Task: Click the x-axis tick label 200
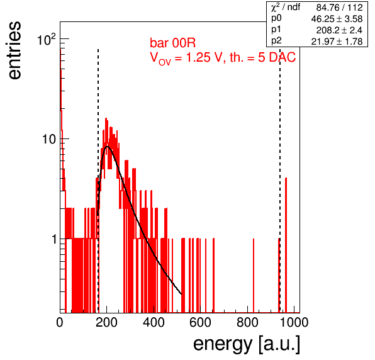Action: [x=106, y=322]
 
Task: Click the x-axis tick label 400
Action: [x=154, y=322]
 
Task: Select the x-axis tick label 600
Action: [x=201, y=322]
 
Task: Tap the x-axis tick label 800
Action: [x=247, y=322]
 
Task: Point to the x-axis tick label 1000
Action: [x=294, y=322]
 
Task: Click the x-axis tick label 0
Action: [x=60, y=322]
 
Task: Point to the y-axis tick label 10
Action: [x=49, y=139]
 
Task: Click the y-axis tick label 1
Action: [x=54, y=239]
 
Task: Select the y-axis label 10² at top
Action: [x=47, y=40]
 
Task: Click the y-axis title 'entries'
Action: [x=14, y=50]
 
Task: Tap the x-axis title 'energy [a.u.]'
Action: [x=247, y=344]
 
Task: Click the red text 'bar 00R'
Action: [x=172, y=43]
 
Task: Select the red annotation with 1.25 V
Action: [x=223, y=59]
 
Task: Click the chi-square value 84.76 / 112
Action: [x=339, y=8]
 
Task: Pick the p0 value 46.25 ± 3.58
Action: [x=337, y=19]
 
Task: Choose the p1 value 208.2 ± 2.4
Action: [x=339, y=30]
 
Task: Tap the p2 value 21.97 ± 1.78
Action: [x=337, y=42]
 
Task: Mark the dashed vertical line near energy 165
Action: [x=98, y=181]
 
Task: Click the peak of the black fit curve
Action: [x=107, y=147]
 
